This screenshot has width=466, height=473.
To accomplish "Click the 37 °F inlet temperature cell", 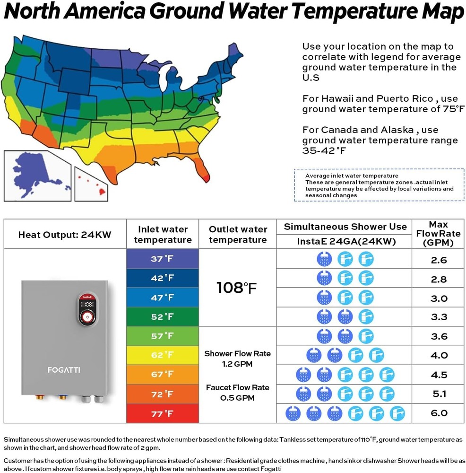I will pos(163,259).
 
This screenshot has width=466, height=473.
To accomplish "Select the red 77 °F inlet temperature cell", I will pos(163,413).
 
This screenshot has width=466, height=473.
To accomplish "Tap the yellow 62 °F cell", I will pos(163,355).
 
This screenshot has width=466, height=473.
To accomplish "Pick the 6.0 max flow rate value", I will pos(439,413).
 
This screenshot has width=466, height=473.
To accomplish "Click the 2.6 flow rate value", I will pos(439,260).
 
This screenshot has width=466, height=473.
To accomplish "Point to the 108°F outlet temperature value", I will pos(237,288).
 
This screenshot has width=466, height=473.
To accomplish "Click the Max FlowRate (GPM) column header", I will pos(439,234).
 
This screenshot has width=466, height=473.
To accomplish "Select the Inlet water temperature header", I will pos(163,234).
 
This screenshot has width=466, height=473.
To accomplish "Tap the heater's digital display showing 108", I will pos(87,304).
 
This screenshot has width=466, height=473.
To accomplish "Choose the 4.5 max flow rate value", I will pos(439,375).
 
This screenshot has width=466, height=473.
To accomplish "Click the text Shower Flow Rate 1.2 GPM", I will pos(237,359).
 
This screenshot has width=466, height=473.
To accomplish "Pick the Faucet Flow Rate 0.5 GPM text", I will pos(237,393).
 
